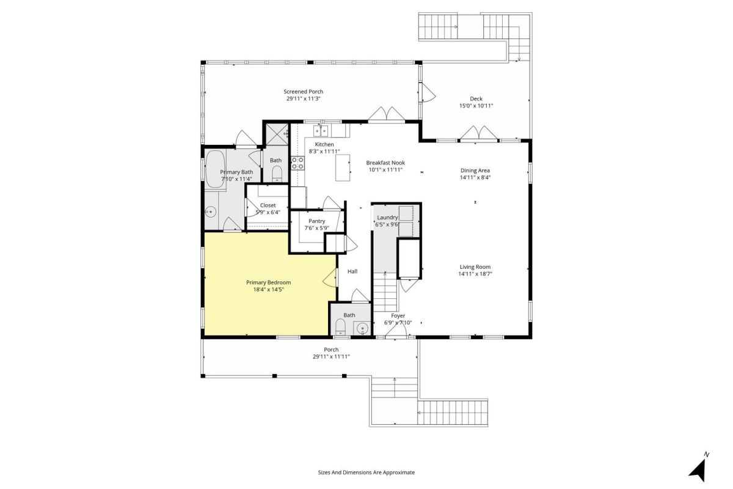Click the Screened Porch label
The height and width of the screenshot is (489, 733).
tap(304, 92)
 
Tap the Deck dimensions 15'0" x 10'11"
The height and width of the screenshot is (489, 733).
tap(476, 106)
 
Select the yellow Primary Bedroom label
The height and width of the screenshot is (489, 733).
tap(268, 282)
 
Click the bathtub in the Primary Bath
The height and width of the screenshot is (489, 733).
tap(215, 169)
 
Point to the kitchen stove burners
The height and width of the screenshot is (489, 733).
tap(297, 163)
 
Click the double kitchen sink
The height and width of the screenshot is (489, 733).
tap(321, 131)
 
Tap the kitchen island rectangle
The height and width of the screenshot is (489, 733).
tap(343, 167)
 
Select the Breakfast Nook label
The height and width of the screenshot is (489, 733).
tap(385, 163)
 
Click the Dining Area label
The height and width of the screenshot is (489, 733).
tap(475, 171)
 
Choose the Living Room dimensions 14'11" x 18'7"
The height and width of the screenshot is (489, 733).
tap(475, 274)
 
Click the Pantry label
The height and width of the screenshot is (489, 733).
tap(317, 221)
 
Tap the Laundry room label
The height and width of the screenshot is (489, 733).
tap(387, 218)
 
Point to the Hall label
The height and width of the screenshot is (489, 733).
tap(352, 271)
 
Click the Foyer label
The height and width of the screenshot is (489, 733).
tap(398, 316)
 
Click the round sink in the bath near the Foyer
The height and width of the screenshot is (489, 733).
tap(362, 328)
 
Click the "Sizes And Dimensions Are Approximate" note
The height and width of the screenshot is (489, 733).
tap(366, 472)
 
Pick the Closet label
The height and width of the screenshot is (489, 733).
tap(268, 205)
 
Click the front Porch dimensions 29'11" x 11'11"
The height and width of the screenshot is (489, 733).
tap(331, 357)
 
